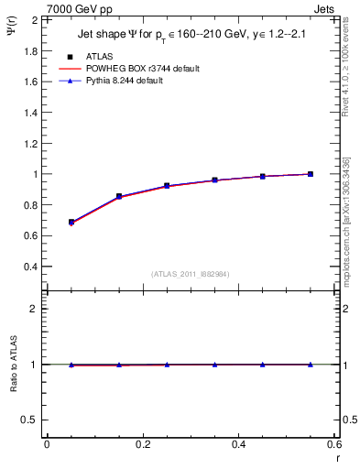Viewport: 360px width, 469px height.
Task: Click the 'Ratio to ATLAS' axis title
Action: pyautogui.click(x=12, y=365)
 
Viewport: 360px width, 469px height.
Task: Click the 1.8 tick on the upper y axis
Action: pyautogui.click(x=32, y=50)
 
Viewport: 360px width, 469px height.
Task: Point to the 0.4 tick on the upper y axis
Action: pyautogui.click(x=32, y=267)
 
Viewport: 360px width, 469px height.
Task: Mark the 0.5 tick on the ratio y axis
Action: pyautogui.click(x=32, y=420)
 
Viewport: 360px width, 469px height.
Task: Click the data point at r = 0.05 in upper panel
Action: pyautogui.click(x=71, y=222)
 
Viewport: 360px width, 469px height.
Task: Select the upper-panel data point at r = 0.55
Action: pyautogui.click(x=311, y=174)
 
